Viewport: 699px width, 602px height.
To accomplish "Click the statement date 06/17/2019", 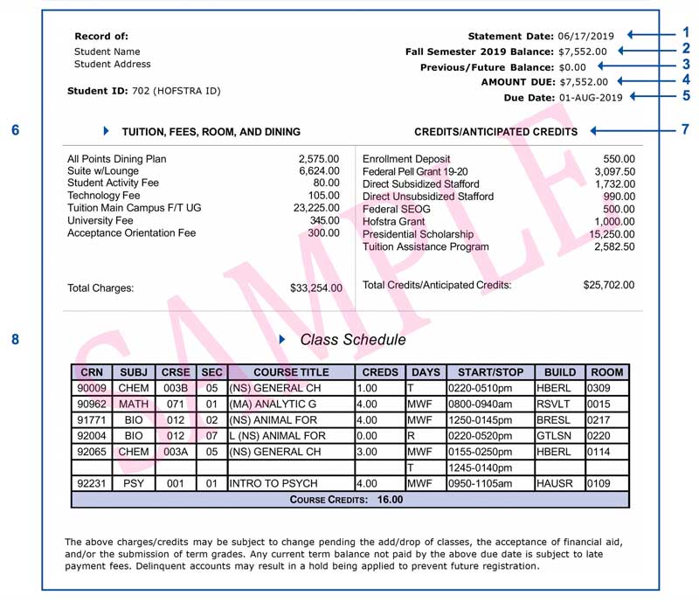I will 586,36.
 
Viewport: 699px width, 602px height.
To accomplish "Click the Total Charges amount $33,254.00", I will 316,287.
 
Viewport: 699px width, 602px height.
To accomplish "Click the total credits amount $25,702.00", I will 609,285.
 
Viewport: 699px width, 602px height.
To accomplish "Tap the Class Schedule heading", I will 352,340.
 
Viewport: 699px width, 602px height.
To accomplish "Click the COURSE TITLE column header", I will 291,372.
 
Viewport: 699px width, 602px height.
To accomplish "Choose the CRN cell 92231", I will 91,482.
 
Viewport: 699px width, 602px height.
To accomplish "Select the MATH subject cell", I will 135,404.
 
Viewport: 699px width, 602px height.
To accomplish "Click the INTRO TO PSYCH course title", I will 266,482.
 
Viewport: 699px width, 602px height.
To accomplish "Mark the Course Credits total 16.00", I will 390,500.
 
